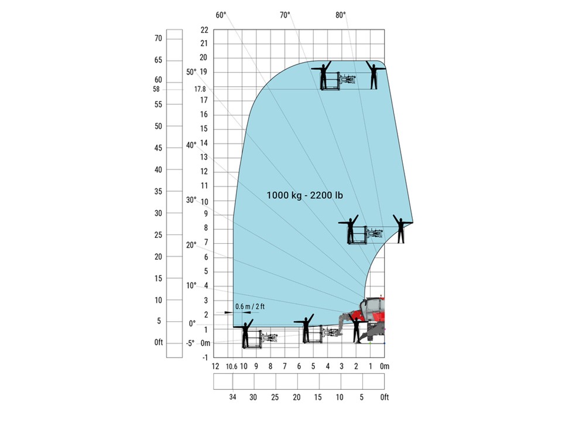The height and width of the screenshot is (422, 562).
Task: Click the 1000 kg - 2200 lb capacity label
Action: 304,195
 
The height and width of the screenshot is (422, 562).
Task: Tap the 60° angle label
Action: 221,15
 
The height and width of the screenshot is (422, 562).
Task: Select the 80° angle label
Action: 341,15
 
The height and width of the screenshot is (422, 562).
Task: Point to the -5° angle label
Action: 190,343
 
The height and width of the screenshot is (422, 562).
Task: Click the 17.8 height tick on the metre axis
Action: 200,89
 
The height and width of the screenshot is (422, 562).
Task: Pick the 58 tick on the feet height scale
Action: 156,89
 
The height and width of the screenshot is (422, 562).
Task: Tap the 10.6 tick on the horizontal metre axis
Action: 232,367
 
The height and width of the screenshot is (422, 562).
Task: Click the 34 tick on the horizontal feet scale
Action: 232,397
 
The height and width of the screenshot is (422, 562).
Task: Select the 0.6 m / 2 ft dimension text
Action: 250,307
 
